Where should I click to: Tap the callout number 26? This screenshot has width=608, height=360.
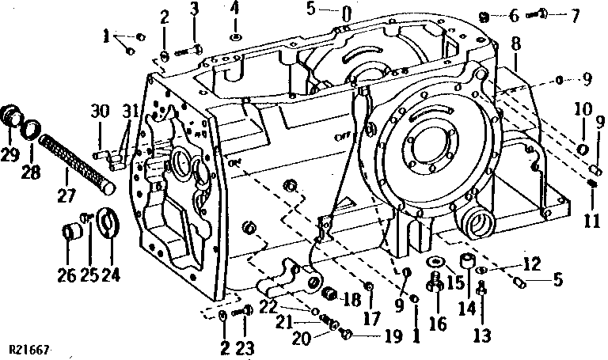coord(66,276)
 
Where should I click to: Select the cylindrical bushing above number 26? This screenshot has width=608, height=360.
coord(72,236)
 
